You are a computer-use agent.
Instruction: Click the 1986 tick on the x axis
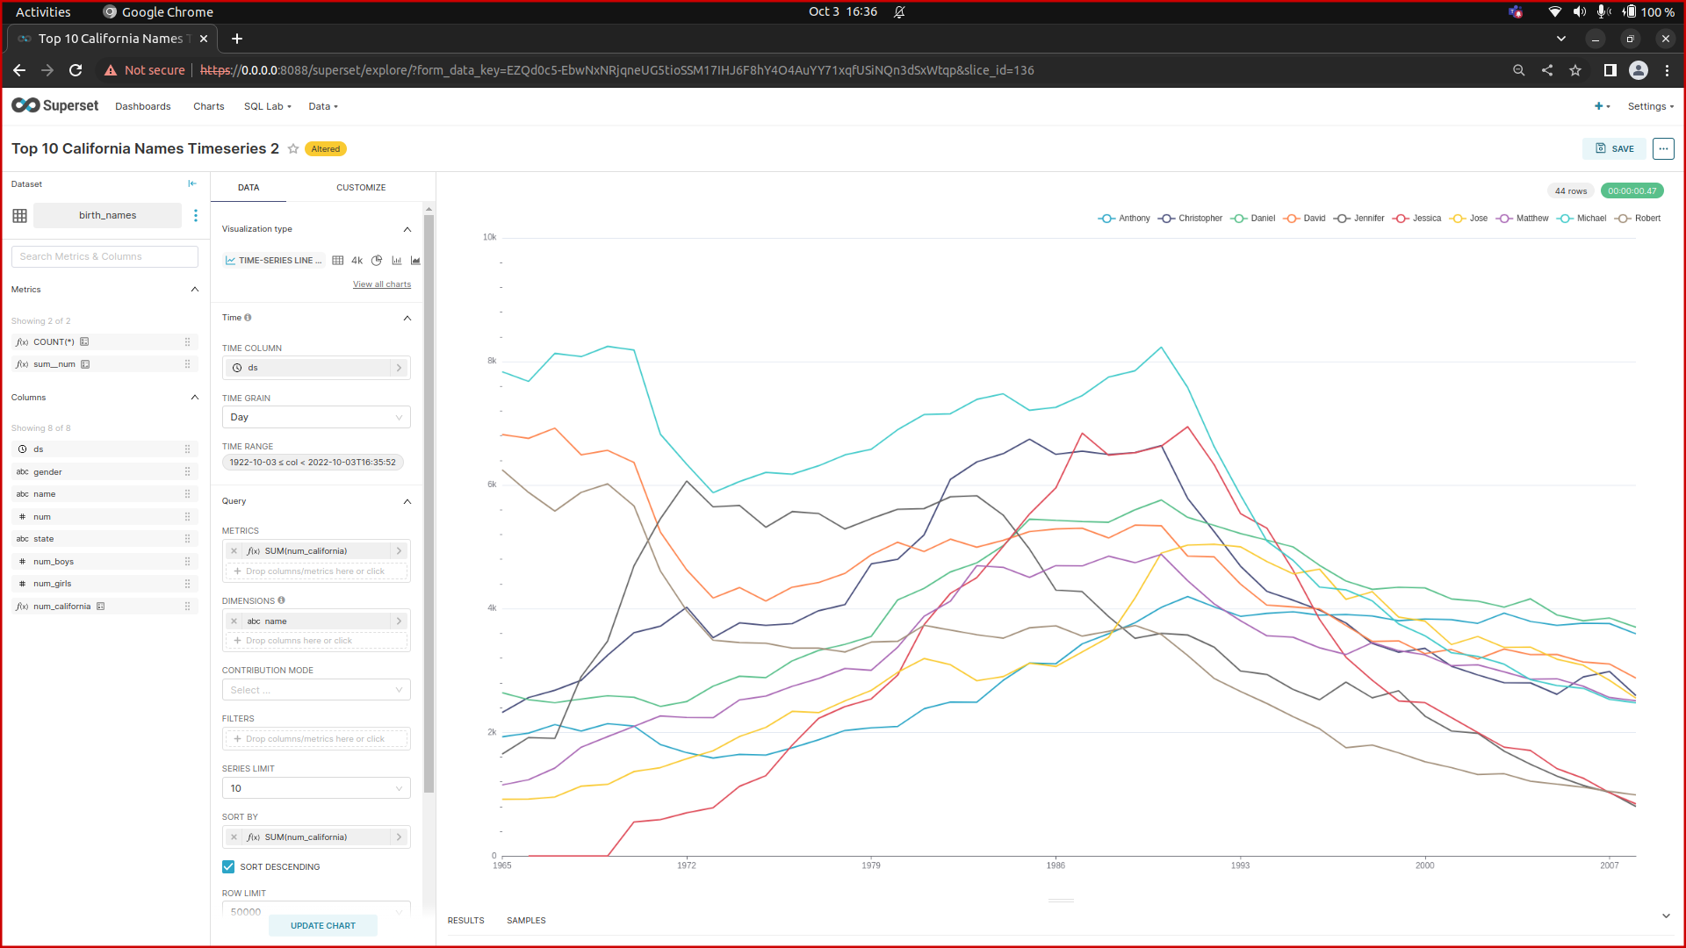tap(1056, 865)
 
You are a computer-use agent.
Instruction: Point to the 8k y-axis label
tap(492, 361)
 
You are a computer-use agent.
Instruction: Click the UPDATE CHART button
tap(323, 925)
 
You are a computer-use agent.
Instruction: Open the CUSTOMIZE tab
tap(361, 188)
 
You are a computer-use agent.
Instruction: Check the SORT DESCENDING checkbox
tap(229, 867)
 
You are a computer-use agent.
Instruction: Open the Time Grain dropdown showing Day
tap(315, 417)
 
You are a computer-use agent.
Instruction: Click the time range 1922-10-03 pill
tap(313, 463)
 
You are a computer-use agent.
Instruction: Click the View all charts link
tap(382, 284)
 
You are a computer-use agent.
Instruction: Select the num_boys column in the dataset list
tap(54, 562)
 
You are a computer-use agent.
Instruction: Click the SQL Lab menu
tap(267, 106)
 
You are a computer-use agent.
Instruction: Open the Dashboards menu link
tap(143, 106)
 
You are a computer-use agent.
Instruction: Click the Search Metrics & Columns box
tap(104, 256)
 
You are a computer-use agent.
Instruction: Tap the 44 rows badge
tap(1570, 191)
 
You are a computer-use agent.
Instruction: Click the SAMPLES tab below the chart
tap(526, 921)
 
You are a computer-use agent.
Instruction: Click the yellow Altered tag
tap(326, 149)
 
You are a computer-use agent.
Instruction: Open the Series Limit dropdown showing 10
tap(315, 788)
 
